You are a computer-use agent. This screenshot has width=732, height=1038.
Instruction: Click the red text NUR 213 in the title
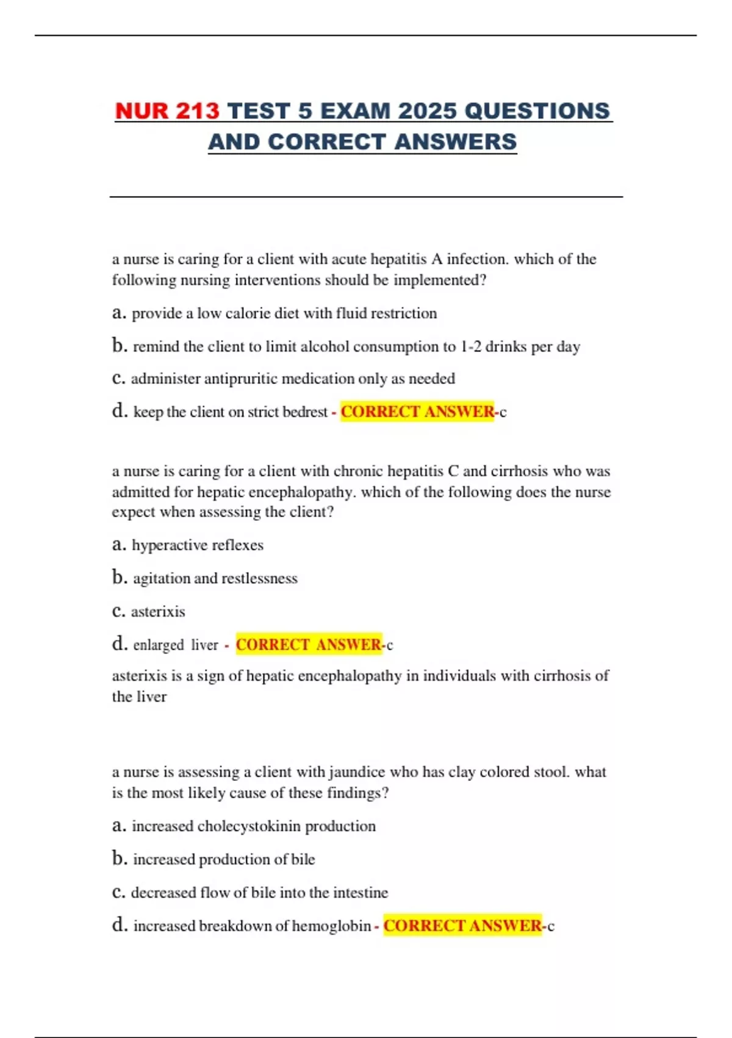click(167, 111)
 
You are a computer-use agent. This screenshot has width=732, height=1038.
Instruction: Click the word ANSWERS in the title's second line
click(455, 142)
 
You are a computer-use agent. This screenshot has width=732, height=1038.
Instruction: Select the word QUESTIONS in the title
click(537, 111)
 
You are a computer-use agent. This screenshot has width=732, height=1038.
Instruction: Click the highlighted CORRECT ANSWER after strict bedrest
click(417, 412)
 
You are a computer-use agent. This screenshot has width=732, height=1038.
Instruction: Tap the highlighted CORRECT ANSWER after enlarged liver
click(309, 645)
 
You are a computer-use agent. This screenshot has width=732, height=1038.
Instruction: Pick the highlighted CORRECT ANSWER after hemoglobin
click(462, 926)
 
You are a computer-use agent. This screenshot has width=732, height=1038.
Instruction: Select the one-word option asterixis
click(158, 612)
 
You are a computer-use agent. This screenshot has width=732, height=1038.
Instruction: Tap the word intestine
click(361, 893)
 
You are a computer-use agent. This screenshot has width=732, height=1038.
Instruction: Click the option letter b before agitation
click(118, 577)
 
